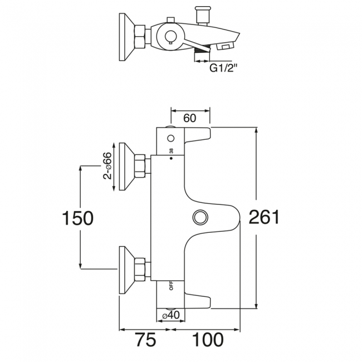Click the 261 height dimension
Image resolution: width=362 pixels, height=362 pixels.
pos(264,217)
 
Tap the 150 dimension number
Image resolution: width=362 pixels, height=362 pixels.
pos(78,218)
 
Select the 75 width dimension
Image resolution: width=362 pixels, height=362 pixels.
pos(146,340)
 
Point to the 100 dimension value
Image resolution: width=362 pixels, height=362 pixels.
pos(208,340)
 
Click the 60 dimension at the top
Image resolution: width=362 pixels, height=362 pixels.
pos(190,118)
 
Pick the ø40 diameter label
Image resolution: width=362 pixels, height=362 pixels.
pos(171,316)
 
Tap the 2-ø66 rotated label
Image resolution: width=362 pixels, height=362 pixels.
pos(107,166)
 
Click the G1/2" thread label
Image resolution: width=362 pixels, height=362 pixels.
pos(223,69)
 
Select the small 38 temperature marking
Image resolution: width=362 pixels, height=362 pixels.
pos(171,151)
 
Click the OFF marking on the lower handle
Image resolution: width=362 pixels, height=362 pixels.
pos(171,286)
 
